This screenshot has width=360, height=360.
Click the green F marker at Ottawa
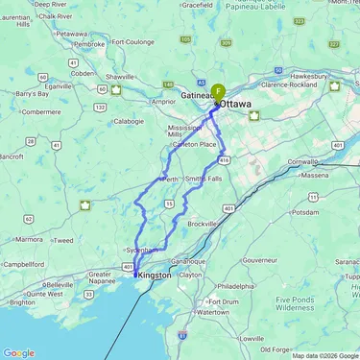(219, 92)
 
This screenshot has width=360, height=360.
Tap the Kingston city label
(155, 276)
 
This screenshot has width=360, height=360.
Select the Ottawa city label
(235, 103)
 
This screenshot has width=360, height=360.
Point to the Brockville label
(203, 223)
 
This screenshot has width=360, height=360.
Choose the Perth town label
(170, 179)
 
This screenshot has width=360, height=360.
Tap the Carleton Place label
(194, 144)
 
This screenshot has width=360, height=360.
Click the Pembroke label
(90, 44)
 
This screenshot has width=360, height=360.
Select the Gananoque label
(184, 261)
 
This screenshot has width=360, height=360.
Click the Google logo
(19, 352)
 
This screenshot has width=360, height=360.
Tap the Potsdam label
(306, 212)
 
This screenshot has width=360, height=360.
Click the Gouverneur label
(259, 259)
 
